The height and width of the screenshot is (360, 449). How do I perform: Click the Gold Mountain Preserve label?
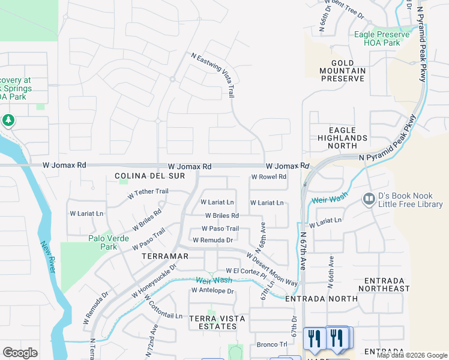point(342,70)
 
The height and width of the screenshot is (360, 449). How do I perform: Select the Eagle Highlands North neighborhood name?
point(342,137)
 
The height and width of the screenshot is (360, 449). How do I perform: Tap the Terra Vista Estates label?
point(212,322)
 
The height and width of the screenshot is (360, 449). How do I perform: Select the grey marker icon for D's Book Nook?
point(369,198)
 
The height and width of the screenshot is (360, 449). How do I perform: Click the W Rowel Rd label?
point(268,177)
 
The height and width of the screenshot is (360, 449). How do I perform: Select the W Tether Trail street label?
point(148,194)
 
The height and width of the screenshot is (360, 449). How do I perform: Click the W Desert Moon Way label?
point(272,269)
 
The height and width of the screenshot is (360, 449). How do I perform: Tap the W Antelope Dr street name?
point(212,290)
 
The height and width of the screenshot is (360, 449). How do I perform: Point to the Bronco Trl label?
point(272,344)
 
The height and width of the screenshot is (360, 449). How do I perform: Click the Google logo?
point(20,353)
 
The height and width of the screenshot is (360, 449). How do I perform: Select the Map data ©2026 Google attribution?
point(412,355)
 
